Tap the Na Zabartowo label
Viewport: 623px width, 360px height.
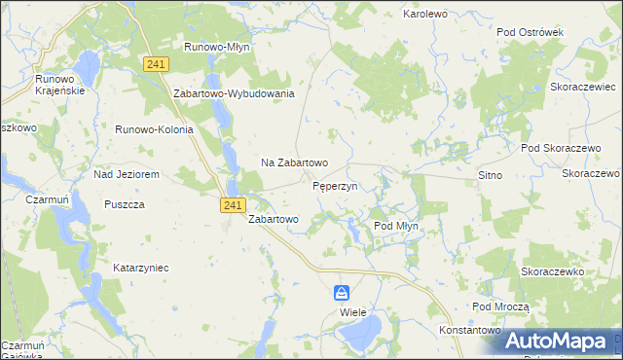(x=294, y=162)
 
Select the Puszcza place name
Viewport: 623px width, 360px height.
(x=124, y=204)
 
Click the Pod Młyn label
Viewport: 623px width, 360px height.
(x=396, y=226)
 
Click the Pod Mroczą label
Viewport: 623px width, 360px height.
(x=500, y=306)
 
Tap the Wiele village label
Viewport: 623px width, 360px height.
(x=352, y=313)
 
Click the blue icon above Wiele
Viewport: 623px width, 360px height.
(x=342, y=292)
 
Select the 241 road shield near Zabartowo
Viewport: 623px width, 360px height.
(x=232, y=204)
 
